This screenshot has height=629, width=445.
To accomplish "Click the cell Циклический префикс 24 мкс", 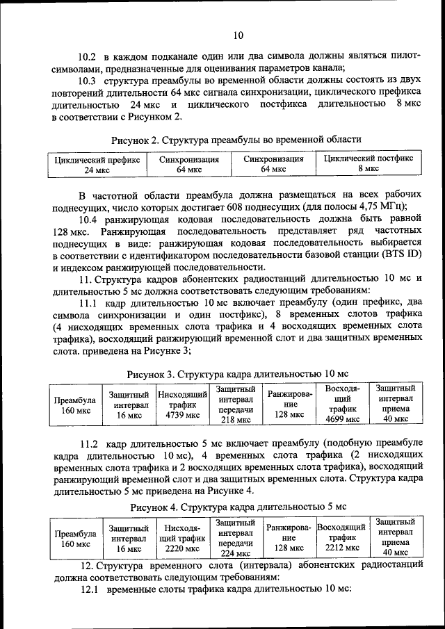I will tap(97, 164).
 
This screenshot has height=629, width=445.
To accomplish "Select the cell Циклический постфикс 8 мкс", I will tap(368, 163).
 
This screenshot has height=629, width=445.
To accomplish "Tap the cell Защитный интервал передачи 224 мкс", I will tap(235, 537).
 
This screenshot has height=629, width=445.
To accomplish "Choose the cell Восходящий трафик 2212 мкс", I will tap(342, 537).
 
